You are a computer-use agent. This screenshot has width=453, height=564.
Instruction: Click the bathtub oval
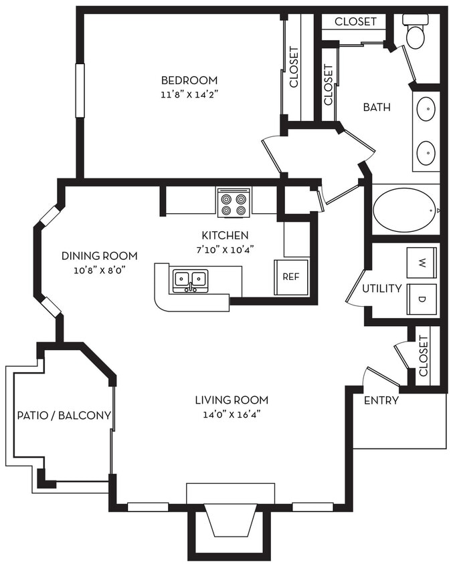pyautogui.click(x=403, y=210)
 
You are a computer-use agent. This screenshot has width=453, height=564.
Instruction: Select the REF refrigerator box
pyautogui.click(x=290, y=277)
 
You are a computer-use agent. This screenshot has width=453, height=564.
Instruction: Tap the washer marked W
pyautogui.click(x=422, y=263)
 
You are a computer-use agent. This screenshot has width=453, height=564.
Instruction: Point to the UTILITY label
pyautogui.click(x=381, y=289)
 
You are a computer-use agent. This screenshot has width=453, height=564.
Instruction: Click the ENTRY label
pyautogui.click(x=381, y=401)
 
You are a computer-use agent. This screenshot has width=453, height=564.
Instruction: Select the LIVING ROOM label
pyautogui.click(x=232, y=400)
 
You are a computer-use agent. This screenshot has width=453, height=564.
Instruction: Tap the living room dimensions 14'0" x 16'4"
pyautogui.click(x=232, y=414)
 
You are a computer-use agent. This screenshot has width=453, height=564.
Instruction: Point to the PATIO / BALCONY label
pyautogui.click(x=64, y=415)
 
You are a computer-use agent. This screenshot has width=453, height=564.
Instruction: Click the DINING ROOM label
pyautogui.click(x=99, y=255)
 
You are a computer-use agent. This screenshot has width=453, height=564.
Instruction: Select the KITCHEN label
pyautogui.click(x=225, y=235)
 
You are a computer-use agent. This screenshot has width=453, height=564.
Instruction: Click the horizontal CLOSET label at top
pyautogui.click(x=355, y=21)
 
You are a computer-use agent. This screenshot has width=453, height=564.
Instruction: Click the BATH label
pyautogui.click(x=377, y=107)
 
